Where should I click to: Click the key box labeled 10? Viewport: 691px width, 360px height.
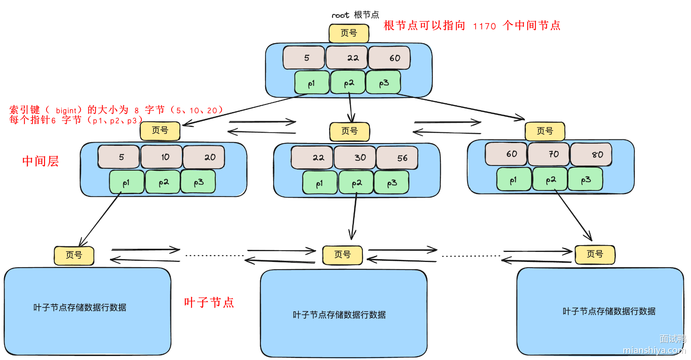tap(162, 157)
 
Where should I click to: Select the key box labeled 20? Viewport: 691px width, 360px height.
tap(204, 157)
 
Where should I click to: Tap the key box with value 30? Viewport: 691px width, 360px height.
tap(355, 157)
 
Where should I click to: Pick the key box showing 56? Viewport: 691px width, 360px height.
tap(397, 158)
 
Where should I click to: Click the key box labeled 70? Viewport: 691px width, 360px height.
tap(549, 154)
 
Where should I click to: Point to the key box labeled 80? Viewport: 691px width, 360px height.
tap(591, 154)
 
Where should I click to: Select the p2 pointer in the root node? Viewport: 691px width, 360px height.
tap(348, 83)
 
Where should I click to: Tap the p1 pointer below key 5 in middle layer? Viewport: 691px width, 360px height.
tap(127, 182)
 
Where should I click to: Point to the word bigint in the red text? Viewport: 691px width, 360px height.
tap(66, 110)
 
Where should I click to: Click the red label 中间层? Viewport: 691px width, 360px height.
tap(41, 161)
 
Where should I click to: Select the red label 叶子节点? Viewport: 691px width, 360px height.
tap(209, 302)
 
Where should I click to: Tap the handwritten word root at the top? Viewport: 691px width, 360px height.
tap(340, 15)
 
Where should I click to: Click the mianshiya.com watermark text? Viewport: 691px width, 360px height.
tap(654, 350)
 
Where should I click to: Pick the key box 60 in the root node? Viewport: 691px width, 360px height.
tap(389, 58)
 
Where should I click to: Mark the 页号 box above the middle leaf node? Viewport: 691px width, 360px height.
tap(343, 255)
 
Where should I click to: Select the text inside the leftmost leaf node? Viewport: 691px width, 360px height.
tap(80, 307)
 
